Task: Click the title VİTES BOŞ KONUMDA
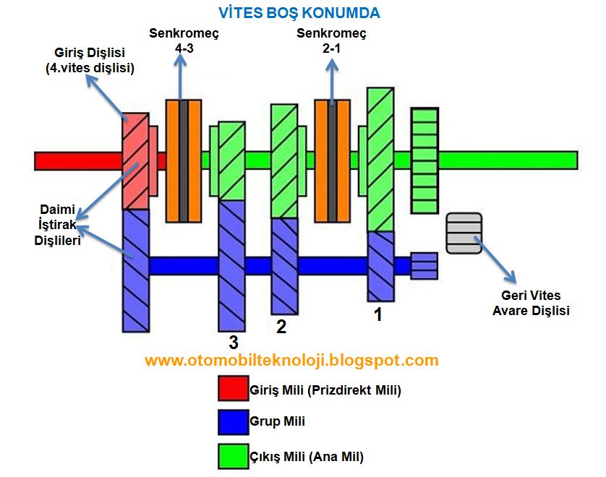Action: tap(299, 13)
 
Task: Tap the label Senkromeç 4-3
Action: tap(184, 40)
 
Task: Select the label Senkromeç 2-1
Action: tap(331, 40)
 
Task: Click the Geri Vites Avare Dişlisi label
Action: tap(531, 303)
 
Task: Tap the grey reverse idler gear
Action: tap(464, 233)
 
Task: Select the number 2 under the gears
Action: tap(281, 327)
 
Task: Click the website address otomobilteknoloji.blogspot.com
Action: tap(291, 360)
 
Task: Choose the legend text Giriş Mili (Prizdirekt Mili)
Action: tap(325, 390)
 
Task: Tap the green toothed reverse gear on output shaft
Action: tap(424, 160)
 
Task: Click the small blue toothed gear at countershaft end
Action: tap(424, 266)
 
